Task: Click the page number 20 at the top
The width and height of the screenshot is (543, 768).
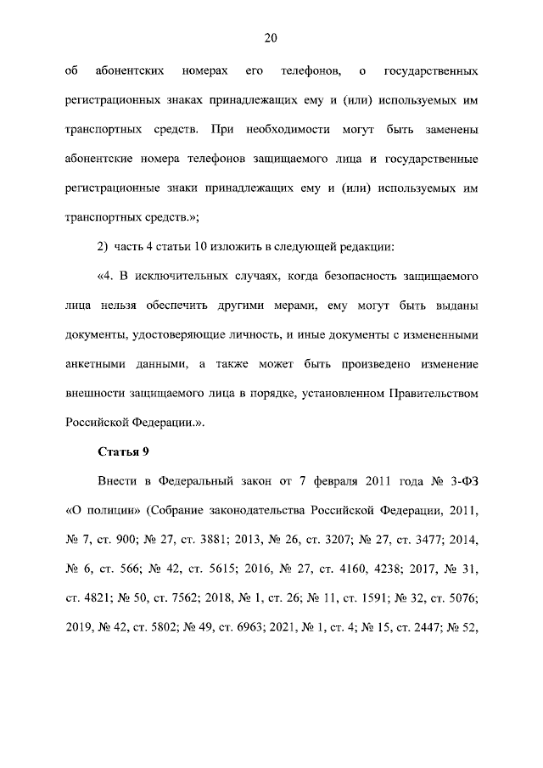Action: coord(271,37)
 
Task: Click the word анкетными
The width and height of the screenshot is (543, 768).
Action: coord(95,364)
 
